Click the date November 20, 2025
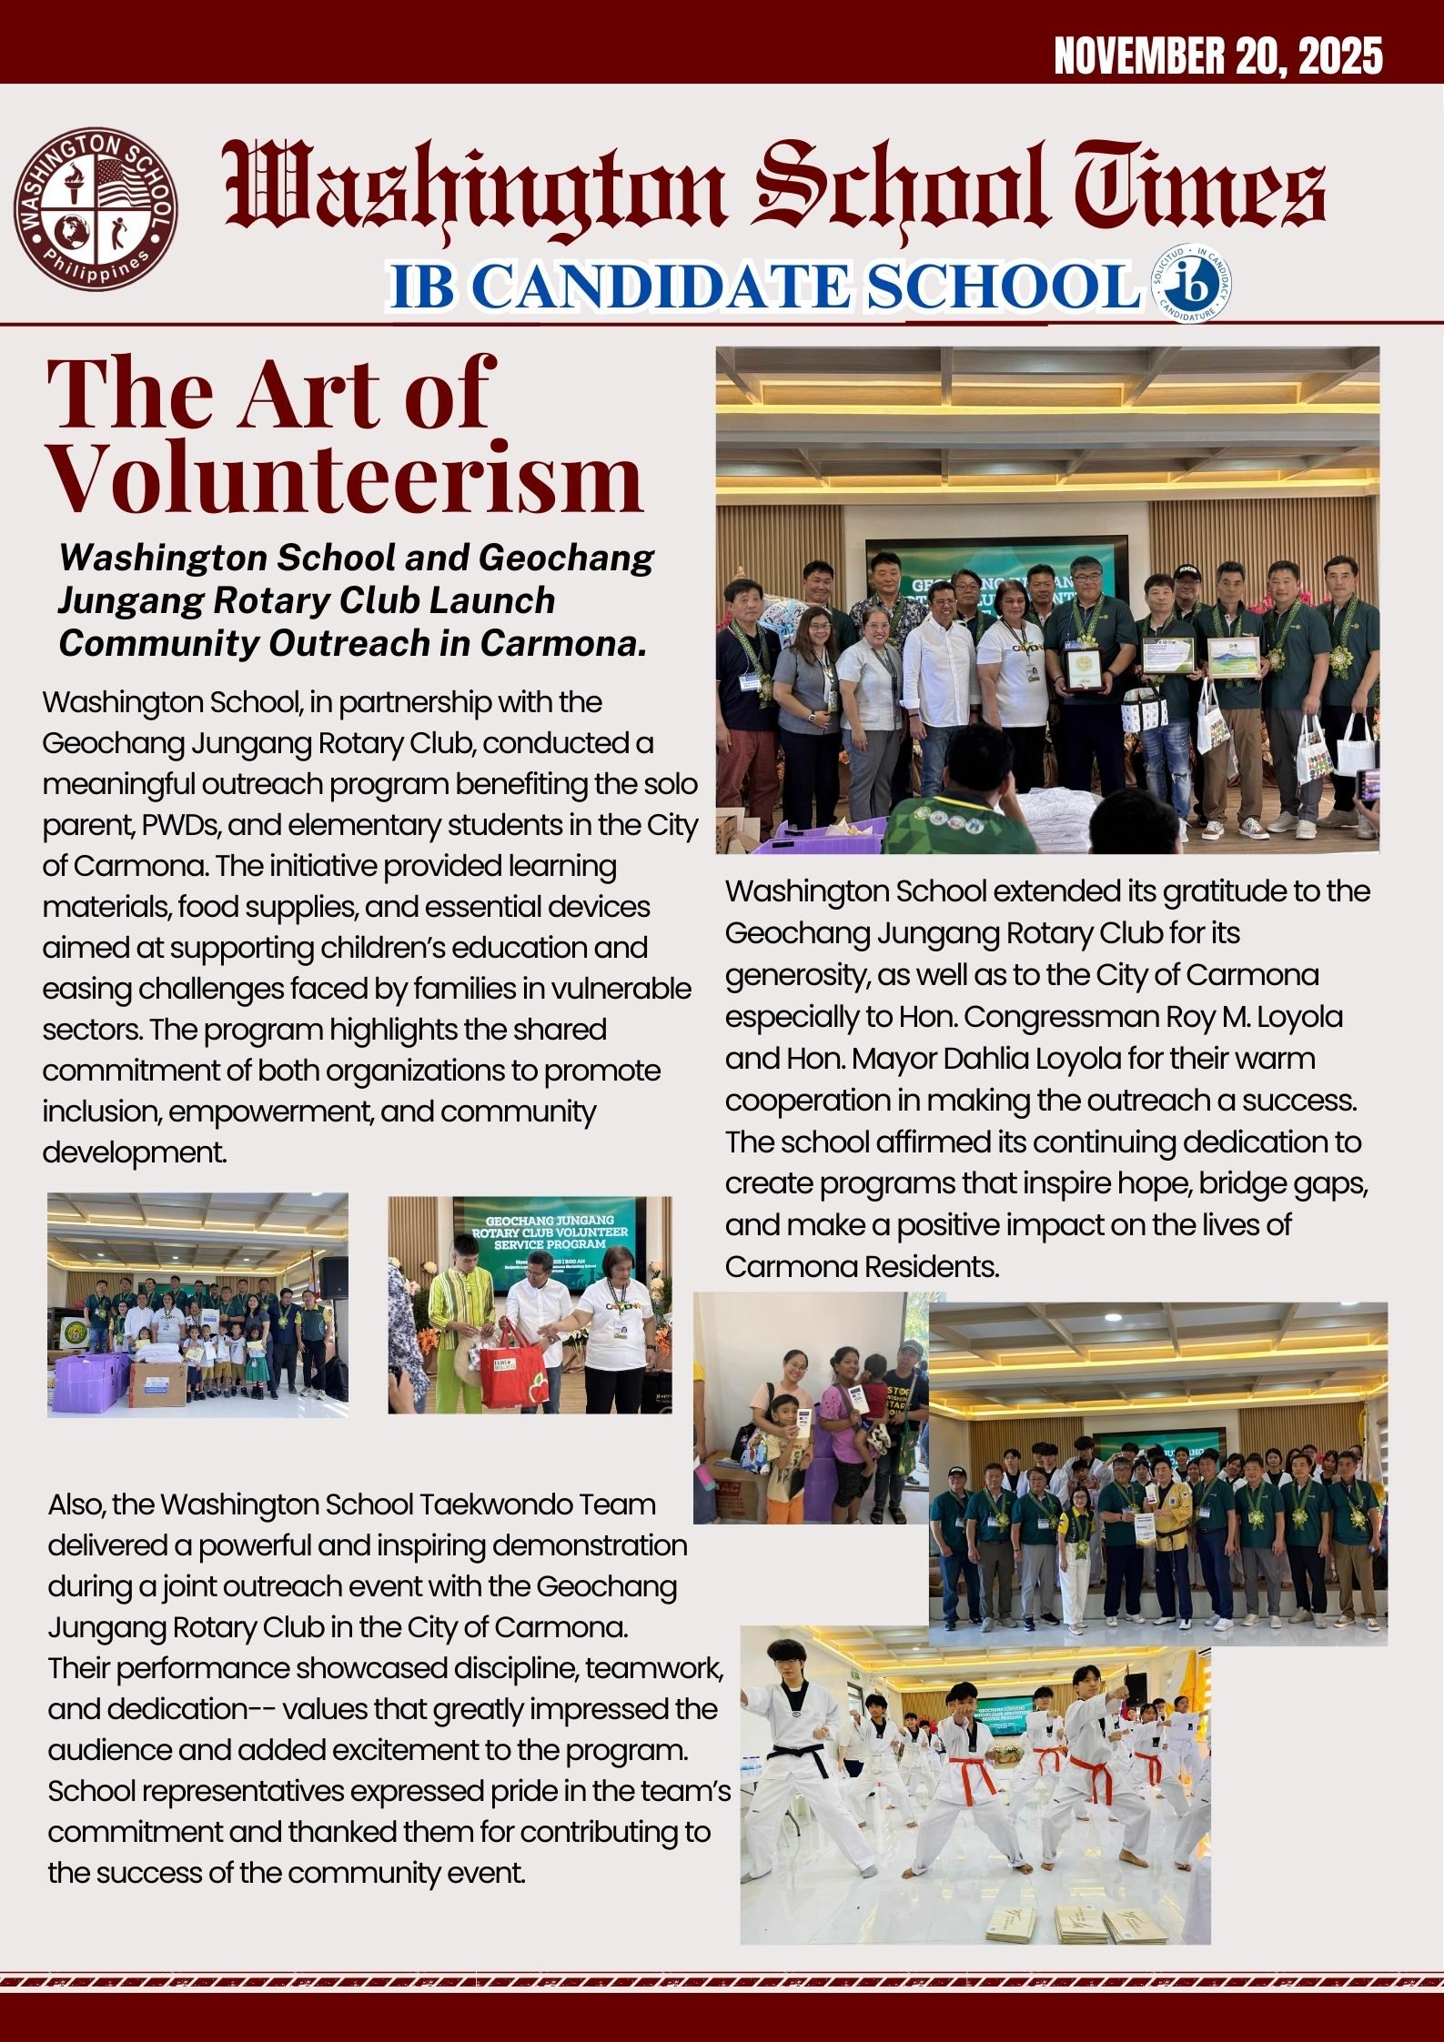pos(1217,56)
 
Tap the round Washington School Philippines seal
pos(95,208)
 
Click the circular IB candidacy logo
pos(1191,286)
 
